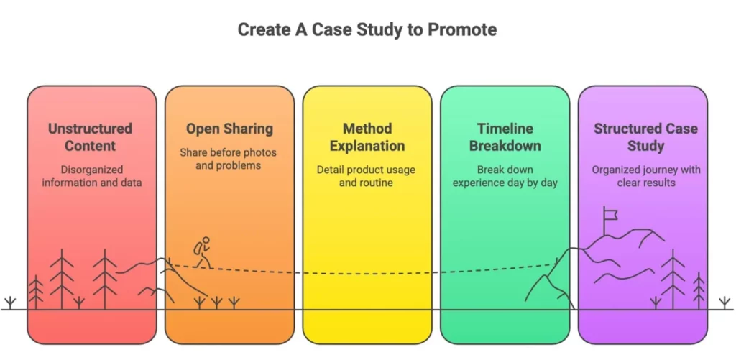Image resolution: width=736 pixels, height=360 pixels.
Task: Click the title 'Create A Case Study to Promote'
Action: pos(367,30)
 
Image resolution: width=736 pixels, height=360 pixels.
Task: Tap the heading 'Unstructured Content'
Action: pos(91,137)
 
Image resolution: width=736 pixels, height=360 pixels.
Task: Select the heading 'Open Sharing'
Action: pos(229,129)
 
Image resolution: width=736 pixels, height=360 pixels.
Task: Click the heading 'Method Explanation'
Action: pos(367,137)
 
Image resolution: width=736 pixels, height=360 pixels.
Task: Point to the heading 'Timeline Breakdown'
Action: pos(505,137)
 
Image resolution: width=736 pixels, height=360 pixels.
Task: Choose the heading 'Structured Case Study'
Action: pos(645,137)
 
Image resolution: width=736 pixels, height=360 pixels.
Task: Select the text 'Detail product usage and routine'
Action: pos(367,176)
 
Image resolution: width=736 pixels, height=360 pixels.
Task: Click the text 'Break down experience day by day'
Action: pos(505,176)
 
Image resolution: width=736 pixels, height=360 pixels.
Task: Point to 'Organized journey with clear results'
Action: pos(645,176)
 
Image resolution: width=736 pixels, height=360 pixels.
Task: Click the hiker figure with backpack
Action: pos(203,252)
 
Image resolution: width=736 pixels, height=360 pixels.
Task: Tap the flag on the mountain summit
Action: pos(611,213)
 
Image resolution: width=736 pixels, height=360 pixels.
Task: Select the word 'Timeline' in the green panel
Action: pos(505,129)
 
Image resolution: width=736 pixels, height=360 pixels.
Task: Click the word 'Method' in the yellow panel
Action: pos(367,129)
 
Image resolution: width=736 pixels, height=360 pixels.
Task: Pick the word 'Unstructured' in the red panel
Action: pos(91,129)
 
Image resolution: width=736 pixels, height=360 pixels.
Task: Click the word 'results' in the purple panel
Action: pos(663,183)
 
